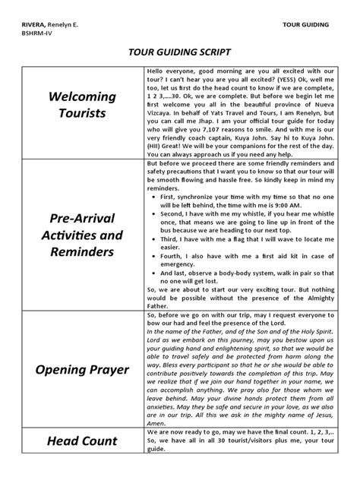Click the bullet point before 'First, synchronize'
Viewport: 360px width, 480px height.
coord(155,195)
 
